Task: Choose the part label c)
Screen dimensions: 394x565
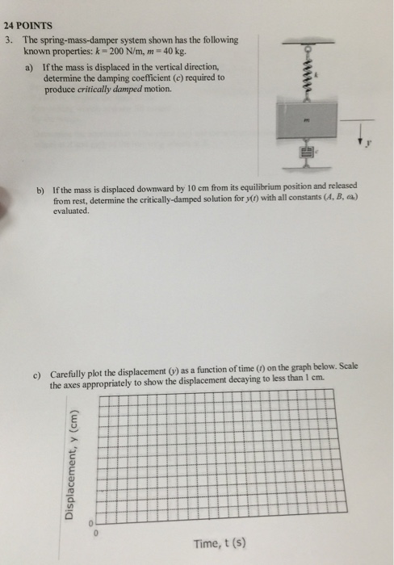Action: coord(38,375)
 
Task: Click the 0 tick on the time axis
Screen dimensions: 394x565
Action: coord(95,532)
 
